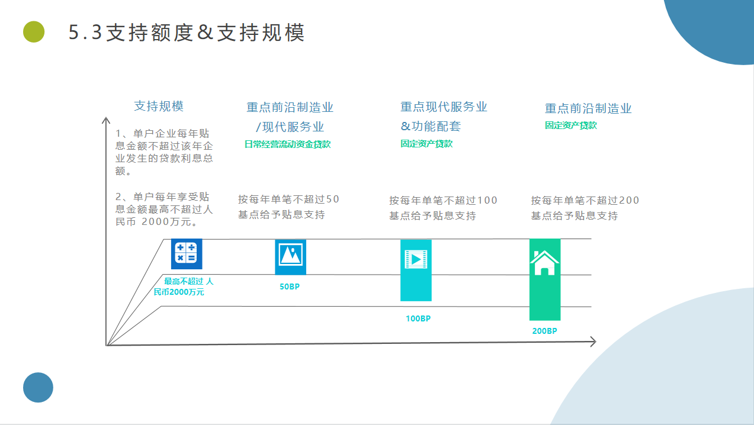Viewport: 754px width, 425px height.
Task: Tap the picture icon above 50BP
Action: coord(290,255)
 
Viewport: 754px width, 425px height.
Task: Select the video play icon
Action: coord(416,259)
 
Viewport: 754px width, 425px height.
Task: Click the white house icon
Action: coord(545,263)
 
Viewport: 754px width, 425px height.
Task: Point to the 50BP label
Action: coord(290,286)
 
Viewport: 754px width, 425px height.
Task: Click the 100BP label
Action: coord(418,318)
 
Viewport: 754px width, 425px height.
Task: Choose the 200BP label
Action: coord(545,331)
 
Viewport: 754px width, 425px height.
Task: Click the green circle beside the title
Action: coord(34,31)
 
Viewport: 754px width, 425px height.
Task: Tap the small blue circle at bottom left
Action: coord(38,387)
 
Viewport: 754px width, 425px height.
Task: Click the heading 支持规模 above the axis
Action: coord(159,106)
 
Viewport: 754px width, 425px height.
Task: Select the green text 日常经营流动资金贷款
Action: coord(287,144)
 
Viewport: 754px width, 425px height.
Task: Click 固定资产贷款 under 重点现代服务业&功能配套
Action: coord(426,144)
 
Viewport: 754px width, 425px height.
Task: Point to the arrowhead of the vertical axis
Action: coord(106,118)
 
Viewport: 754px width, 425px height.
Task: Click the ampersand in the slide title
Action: coord(205,33)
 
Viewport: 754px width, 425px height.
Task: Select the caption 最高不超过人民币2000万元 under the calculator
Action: coord(184,286)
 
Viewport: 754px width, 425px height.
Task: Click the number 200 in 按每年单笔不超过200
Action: coord(629,200)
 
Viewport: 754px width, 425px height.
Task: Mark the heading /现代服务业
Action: coord(290,127)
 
